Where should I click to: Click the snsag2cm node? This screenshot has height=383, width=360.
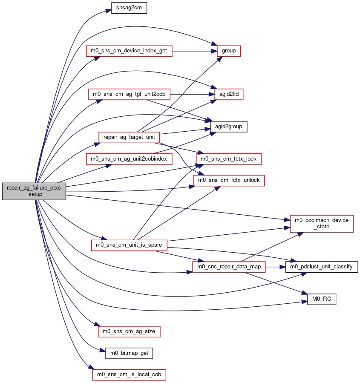pos(129,8)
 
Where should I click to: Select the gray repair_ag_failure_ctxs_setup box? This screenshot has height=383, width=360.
pos(34,191)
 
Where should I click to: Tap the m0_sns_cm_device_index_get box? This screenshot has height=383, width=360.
pos(129,51)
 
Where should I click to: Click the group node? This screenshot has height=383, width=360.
pos(229,51)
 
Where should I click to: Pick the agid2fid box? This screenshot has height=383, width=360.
pos(229,94)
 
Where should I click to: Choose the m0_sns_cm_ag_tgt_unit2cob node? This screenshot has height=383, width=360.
pos(129,94)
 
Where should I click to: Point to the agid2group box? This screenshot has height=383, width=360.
pos(229,127)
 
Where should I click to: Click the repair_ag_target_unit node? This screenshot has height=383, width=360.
pos(129,137)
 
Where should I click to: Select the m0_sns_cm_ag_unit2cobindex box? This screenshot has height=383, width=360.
pos(129,159)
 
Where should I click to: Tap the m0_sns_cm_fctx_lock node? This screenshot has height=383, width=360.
pos(229,159)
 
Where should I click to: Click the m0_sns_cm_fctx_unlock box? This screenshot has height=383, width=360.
pos(229,181)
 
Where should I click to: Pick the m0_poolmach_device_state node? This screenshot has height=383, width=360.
pos(322,224)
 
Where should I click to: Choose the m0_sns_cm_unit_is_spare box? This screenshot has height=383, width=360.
pos(129,245)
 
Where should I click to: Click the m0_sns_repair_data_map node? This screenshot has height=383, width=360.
pos(229,267)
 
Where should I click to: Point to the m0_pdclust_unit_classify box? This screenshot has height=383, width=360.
pos(322,267)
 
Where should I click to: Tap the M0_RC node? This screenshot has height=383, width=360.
pos(322,299)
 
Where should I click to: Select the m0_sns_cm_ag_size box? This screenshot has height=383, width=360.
pos(129,332)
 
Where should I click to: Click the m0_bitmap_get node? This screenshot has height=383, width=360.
pos(129,353)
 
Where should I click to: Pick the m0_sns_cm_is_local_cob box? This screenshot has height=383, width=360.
pos(129,375)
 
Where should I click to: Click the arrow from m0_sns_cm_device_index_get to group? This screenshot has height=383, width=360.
pos(195,51)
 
